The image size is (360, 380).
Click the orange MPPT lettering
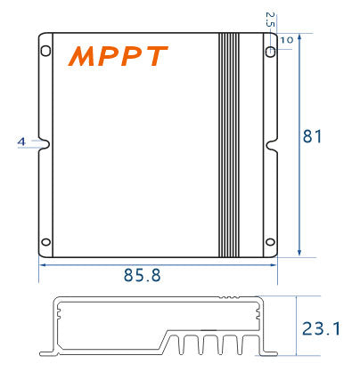click(118, 57)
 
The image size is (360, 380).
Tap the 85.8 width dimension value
click(142, 276)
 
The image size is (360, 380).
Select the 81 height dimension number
click(312, 137)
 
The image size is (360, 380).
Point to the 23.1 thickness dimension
click(321, 329)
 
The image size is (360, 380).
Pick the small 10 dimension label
click(286, 40)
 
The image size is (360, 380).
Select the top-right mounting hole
click(270, 51)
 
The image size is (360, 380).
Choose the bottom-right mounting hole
click(270, 239)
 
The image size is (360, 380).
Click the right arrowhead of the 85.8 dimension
click(274, 263)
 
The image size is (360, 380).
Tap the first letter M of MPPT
click(82, 57)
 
